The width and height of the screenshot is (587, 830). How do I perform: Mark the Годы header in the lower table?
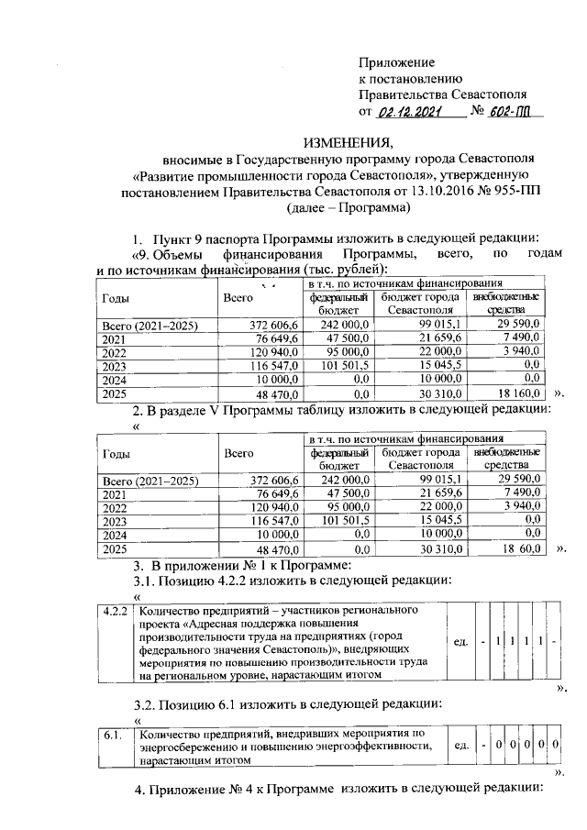click(116, 454)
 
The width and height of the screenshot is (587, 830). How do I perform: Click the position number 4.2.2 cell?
click(115, 610)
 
